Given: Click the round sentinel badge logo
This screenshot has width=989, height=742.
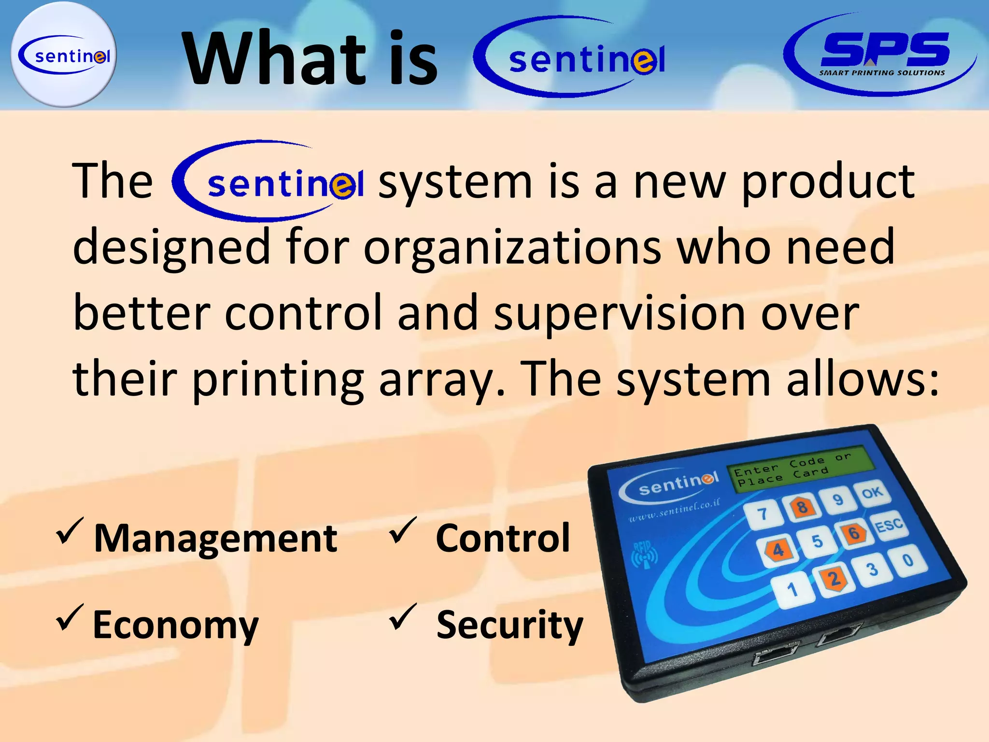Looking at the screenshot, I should click(63, 55).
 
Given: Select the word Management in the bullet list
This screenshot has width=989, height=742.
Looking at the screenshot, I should click(215, 538).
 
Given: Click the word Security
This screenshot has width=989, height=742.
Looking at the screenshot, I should click(509, 625).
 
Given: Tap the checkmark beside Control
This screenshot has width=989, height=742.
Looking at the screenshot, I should click(403, 530).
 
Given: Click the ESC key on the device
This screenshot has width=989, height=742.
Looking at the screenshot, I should click(889, 524).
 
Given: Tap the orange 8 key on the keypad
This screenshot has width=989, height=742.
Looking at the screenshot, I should click(802, 507).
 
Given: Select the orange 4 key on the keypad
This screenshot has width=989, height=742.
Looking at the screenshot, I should click(778, 550).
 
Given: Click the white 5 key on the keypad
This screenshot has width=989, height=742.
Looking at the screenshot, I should click(817, 541).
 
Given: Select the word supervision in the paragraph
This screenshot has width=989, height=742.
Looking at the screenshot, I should click(619, 314).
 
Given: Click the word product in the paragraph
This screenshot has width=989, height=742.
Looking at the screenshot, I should click(828, 182).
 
